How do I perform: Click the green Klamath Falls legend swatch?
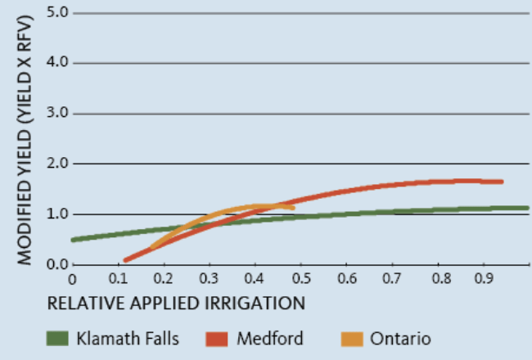(x=57, y=338)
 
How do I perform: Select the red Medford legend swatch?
(x=216, y=339)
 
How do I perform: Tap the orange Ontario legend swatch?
(x=352, y=339)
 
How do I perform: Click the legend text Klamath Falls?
(x=128, y=338)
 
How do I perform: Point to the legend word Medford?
(x=270, y=338)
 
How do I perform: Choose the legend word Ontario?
(x=400, y=338)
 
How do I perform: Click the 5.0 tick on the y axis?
(x=57, y=12)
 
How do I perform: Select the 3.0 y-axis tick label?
(x=57, y=112)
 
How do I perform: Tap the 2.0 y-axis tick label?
(x=57, y=163)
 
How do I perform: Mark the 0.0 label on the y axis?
(x=57, y=264)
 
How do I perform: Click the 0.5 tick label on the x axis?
(x=301, y=278)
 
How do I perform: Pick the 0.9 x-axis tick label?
(x=484, y=278)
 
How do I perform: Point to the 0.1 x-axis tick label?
(x=118, y=278)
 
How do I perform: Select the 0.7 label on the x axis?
(x=392, y=278)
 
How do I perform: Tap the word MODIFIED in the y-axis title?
(x=24, y=223)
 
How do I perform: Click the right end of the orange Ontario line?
(x=293, y=208)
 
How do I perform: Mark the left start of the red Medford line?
(x=125, y=260)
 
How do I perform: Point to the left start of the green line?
(x=73, y=240)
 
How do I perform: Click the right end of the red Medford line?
(x=502, y=182)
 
